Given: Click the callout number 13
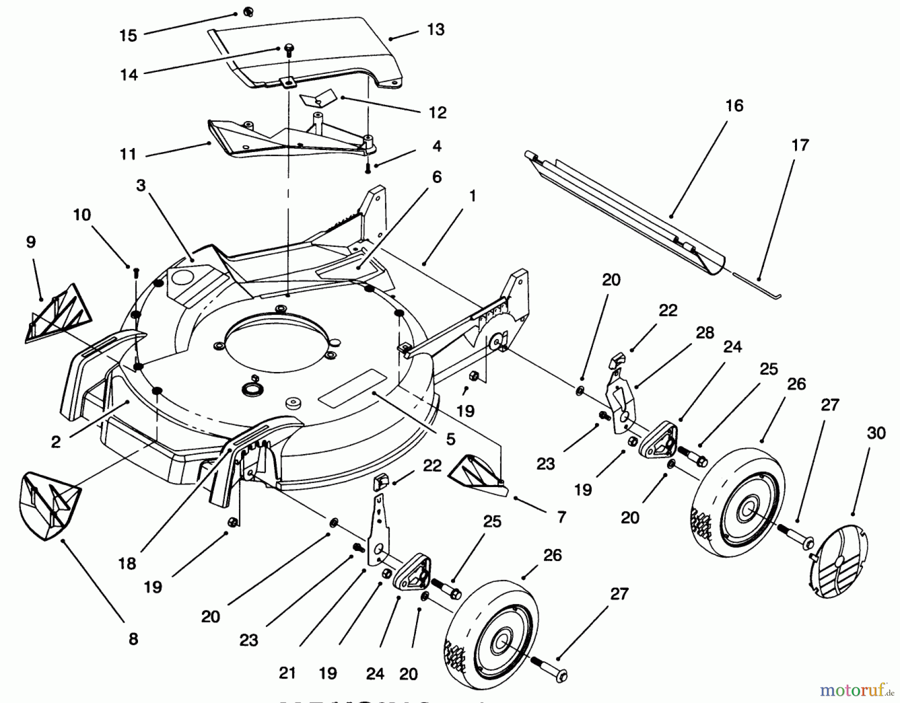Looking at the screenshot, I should (x=435, y=29).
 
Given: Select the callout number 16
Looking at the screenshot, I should (x=734, y=105).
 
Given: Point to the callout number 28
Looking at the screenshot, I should (x=705, y=332).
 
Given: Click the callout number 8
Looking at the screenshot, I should (x=133, y=638).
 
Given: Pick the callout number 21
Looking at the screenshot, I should (x=287, y=673).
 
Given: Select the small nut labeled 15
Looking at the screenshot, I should (x=247, y=12).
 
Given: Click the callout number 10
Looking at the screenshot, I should (x=82, y=215).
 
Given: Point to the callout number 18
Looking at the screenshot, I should (x=127, y=563).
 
